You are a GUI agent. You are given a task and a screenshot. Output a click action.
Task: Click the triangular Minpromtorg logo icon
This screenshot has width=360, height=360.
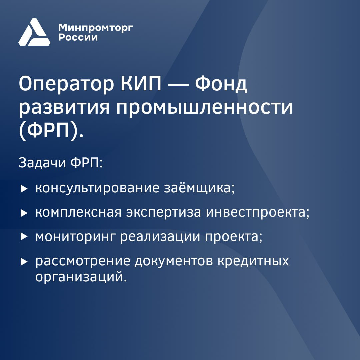pos(34,32)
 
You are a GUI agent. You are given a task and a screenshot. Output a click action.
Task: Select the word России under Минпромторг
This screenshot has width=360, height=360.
pos(78,37)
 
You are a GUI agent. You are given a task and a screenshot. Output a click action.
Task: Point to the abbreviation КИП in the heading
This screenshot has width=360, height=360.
pos(141,84)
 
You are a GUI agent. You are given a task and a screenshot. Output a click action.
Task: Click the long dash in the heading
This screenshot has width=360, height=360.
pos(178,84)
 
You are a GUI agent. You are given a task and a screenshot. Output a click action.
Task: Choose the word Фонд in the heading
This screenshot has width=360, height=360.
pos(221,84)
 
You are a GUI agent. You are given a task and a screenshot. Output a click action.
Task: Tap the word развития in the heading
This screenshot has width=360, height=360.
pos(64,108)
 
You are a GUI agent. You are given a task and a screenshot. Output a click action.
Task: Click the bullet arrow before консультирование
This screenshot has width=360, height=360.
pos(24,189)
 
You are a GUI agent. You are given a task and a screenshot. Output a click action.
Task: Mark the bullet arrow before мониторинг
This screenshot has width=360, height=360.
pos(24,236)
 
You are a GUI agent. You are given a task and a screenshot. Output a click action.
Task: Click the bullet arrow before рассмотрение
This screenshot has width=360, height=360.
pos(24,262)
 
